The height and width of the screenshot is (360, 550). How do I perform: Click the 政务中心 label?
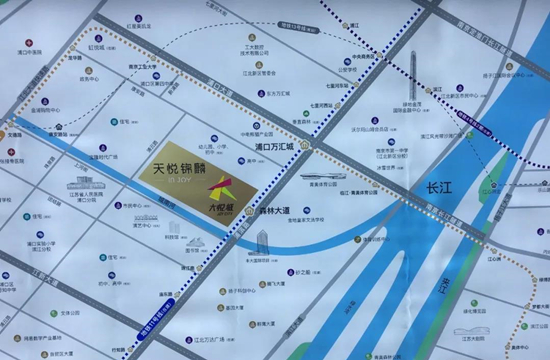87,78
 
